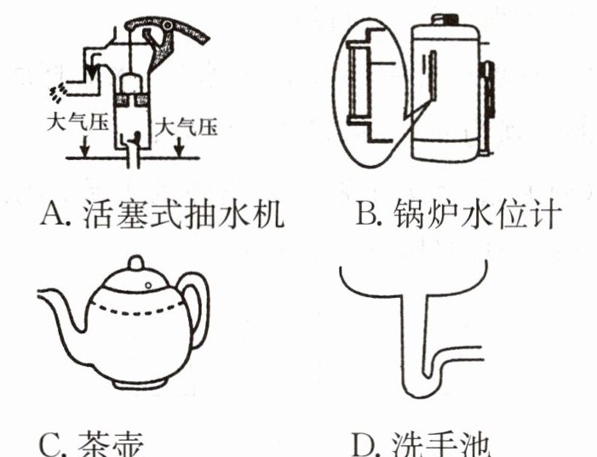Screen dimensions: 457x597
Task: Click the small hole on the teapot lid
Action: pos(148,283)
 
